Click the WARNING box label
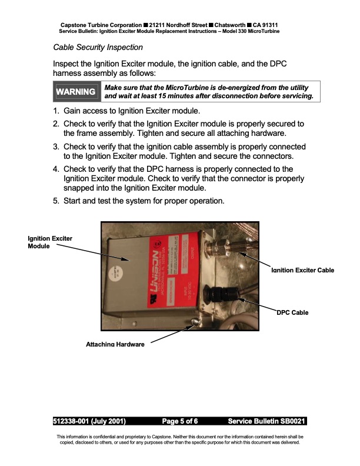pyautogui.click(x=75, y=92)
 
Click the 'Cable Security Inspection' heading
pyautogui.click(x=98, y=47)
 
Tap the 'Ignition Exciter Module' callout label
pyautogui.click(x=50, y=242)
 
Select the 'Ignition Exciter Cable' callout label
pyautogui.click(x=302, y=271)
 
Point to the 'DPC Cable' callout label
pyautogui.click(x=292, y=312)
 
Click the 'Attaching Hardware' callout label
pyautogui.click(x=115, y=344)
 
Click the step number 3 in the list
pyautogui.click(x=56, y=147)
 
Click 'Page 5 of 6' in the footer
pyautogui.click(x=180, y=421)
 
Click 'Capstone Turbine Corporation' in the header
pyautogui.click(x=101, y=25)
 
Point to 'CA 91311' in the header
pyautogui.click(x=266, y=25)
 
